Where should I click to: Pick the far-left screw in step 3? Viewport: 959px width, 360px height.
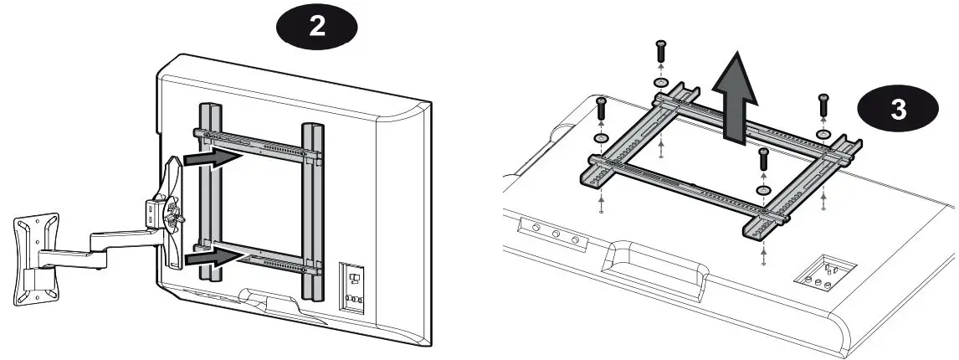pyautogui.click(x=601, y=108)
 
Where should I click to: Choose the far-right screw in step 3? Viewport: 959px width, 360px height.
pyautogui.click(x=823, y=105)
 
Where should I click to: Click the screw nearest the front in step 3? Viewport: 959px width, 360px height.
pyautogui.click(x=762, y=160)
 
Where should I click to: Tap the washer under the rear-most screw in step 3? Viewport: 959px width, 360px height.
pyautogui.click(x=660, y=84)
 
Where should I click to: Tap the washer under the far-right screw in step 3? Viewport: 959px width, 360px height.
pyautogui.click(x=823, y=133)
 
